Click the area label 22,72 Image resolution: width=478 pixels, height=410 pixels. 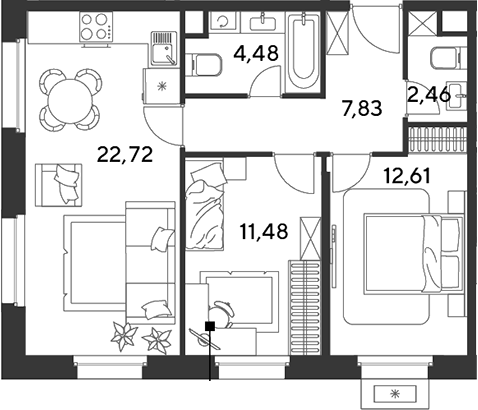tap(125, 155)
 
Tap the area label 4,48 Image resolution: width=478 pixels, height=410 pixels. tap(256, 53)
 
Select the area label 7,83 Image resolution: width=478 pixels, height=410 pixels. tap(362, 109)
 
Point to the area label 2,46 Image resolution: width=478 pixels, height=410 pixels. tap(429, 95)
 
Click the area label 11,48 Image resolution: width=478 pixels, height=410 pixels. tap(264, 231)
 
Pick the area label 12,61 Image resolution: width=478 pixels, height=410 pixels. tap(407, 176)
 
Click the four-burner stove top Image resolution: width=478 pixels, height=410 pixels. tap(96, 27)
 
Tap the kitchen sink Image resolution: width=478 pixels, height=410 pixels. tap(163, 48)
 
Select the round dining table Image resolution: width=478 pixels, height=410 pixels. tap(70, 100)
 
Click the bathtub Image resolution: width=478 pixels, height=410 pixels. tap(303, 52)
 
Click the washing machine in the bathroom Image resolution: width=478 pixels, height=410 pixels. tap(223, 22)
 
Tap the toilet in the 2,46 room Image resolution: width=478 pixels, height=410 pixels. tap(448, 58)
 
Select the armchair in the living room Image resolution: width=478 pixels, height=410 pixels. tap(59, 185)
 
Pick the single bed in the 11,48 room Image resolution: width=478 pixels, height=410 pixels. tap(204, 203)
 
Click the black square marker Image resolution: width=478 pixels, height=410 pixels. tap(210, 326)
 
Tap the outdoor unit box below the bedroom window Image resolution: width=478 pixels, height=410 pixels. tap(396, 394)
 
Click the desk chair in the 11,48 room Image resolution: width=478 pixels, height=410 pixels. tap(221, 313)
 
